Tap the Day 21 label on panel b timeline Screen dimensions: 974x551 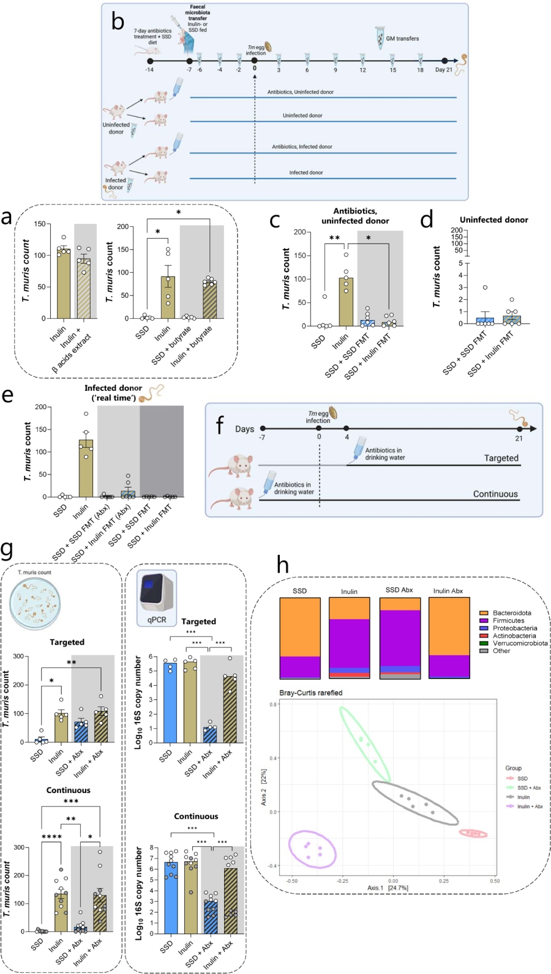point(444,70)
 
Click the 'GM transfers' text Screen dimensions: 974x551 point(402,39)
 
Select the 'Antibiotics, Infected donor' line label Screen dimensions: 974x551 point(302,147)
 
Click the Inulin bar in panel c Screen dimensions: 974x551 point(346,302)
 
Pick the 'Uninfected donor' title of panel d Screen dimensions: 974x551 point(493,220)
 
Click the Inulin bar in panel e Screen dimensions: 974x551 point(86,468)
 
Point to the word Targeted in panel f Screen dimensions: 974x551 point(501,458)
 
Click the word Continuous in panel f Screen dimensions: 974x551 point(495,494)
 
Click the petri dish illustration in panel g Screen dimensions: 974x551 point(36,604)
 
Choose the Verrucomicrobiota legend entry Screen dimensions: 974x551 point(520,643)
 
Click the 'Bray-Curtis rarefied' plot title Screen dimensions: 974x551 point(310,693)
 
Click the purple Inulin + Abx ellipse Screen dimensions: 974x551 point(312,849)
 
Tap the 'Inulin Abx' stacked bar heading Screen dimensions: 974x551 point(448,591)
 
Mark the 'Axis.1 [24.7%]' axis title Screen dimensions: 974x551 point(388,888)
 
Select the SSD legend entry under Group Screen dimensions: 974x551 point(522,779)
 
